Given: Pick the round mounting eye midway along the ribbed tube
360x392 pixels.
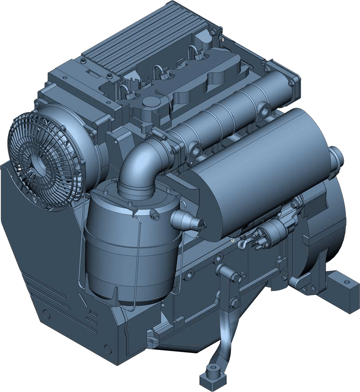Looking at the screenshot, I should (x=265, y=110).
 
